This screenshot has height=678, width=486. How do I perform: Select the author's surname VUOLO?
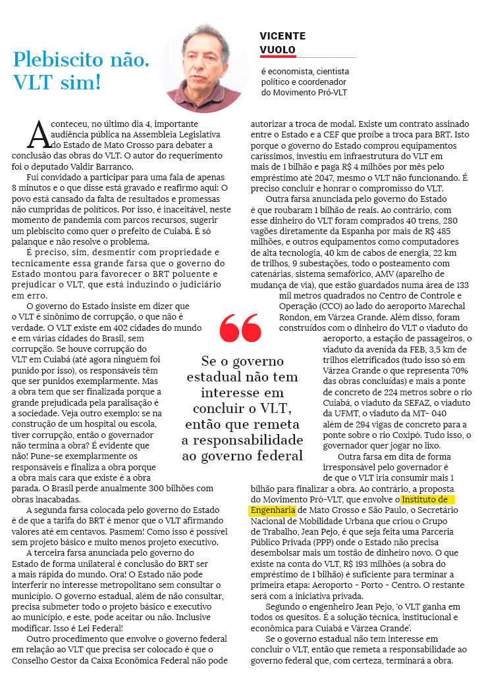pos(277,49)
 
